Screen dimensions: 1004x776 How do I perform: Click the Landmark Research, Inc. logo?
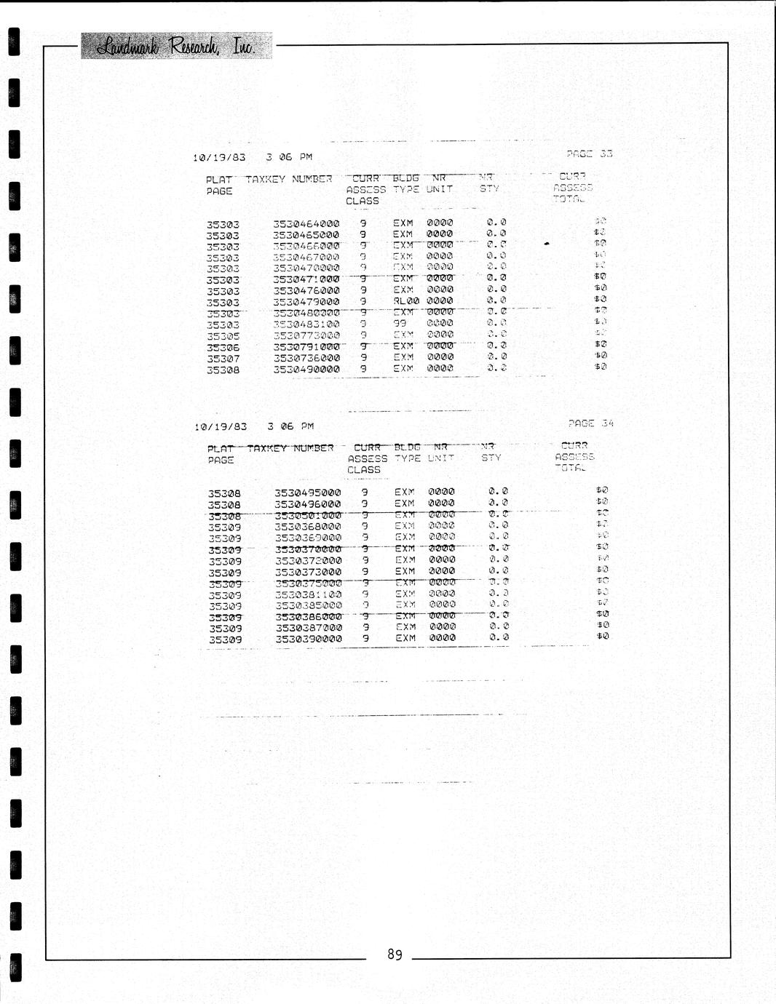(x=176, y=46)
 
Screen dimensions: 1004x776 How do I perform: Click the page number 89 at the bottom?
(x=395, y=955)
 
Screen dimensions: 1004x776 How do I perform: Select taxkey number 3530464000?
(x=306, y=224)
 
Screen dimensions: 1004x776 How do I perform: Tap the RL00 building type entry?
(x=406, y=301)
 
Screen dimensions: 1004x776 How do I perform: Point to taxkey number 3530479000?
(x=306, y=302)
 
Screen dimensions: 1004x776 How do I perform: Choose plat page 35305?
(x=223, y=336)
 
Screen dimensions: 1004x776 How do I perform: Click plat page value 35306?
(x=223, y=348)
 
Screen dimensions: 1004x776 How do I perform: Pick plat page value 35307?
(x=223, y=359)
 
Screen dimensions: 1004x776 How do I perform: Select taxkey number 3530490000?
(x=306, y=370)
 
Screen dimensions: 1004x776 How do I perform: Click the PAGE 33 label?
(x=589, y=154)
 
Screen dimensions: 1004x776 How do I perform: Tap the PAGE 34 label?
(x=590, y=423)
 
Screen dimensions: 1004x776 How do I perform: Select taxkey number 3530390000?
(x=309, y=640)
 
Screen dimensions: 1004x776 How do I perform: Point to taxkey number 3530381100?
(x=309, y=594)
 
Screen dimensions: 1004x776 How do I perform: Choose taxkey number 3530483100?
(x=306, y=324)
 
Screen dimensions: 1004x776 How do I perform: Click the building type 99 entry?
(x=400, y=323)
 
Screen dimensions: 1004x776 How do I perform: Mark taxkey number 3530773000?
(x=306, y=335)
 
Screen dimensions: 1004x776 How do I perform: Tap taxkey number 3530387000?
(x=309, y=628)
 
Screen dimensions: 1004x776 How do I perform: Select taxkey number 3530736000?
(x=306, y=358)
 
